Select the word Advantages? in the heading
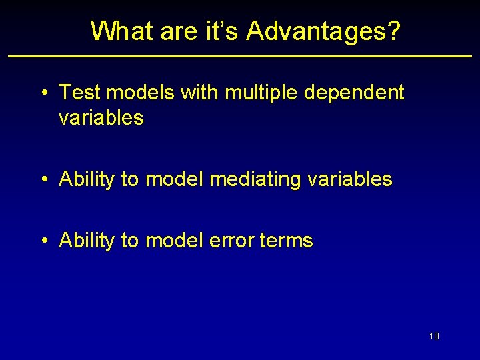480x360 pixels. point(324,31)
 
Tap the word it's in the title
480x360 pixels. point(222,31)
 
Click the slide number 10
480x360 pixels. point(434,336)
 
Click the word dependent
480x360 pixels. point(354,93)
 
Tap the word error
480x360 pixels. point(233,240)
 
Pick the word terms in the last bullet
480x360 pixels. point(288,240)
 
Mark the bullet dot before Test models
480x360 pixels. point(43,93)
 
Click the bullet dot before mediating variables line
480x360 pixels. point(43,179)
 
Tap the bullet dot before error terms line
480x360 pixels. point(43,241)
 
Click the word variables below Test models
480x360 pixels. point(101,118)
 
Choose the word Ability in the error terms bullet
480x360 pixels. point(87,240)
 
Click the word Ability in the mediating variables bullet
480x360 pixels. point(87,179)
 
